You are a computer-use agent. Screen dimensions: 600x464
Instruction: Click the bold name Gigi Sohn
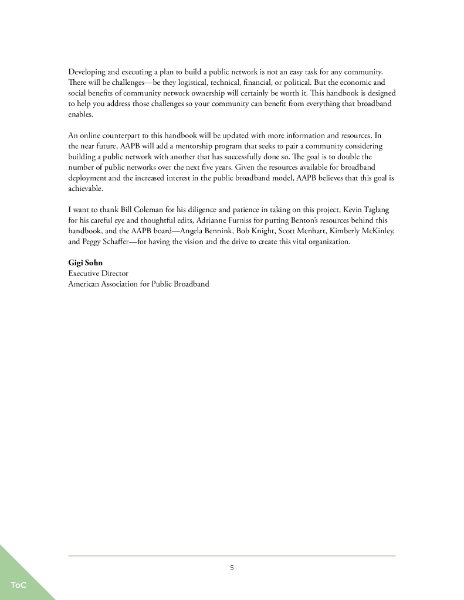(85, 263)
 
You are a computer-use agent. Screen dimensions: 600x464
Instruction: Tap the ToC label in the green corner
(18, 585)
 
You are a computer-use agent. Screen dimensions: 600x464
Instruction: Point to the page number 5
(232, 567)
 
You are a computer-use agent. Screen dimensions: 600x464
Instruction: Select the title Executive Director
(98, 274)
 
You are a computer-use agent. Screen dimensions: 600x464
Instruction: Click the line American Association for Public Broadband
(138, 284)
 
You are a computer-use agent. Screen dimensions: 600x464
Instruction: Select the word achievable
(85, 189)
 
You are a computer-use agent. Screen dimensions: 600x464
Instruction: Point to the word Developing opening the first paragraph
(87, 72)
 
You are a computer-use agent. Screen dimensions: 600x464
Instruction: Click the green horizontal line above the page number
(232, 555)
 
